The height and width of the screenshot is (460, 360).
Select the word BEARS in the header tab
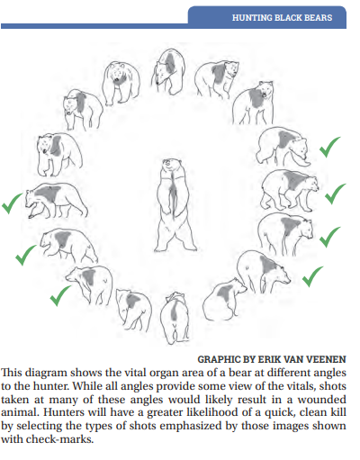click(318, 18)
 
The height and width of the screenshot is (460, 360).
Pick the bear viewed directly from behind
click(175, 318)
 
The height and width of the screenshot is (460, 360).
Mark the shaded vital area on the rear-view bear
click(175, 311)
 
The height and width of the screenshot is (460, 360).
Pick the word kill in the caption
click(338, 412)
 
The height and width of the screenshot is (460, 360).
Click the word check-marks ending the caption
click(59, 439)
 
